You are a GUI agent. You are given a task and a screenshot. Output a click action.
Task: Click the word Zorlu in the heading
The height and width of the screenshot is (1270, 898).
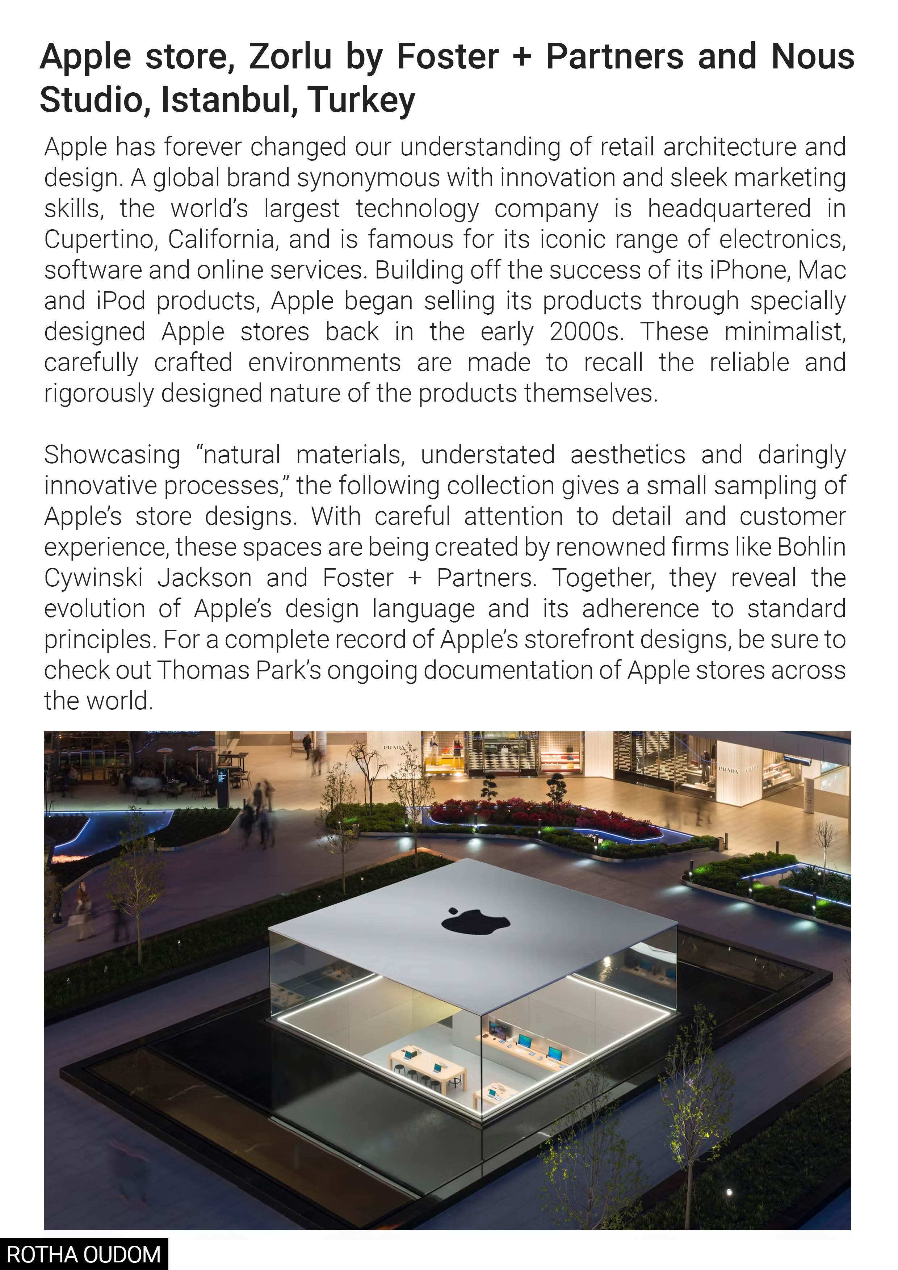click(x=290, y=56)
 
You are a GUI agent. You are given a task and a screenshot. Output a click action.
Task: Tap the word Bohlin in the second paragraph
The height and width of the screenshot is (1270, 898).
click(x=811, y=547)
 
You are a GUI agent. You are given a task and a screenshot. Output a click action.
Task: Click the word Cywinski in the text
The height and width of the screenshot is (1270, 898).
click(x=93, y=578)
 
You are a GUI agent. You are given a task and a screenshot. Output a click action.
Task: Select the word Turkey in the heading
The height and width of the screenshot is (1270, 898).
click(x=362, y=100)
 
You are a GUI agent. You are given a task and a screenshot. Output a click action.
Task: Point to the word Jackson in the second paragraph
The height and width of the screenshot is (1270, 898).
click(x=205, y=578)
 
